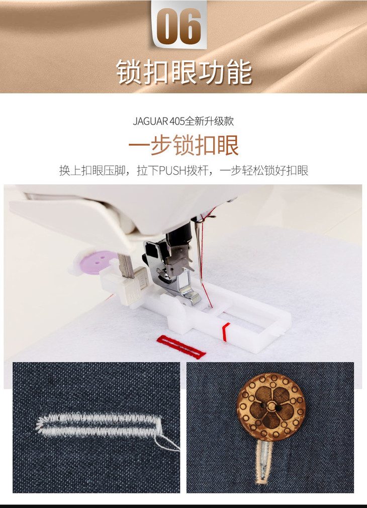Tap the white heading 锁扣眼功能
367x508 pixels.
pos(184,72)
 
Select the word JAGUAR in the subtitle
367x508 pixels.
pos(150,121)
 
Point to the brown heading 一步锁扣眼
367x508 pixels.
pos(183,145)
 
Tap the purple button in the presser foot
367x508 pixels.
pos(96,262)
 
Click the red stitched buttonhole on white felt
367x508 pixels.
pos(181,347)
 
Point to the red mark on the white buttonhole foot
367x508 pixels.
pos(225,331)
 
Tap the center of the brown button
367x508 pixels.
pos(270,405)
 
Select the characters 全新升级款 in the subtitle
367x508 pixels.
pos(209,121)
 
